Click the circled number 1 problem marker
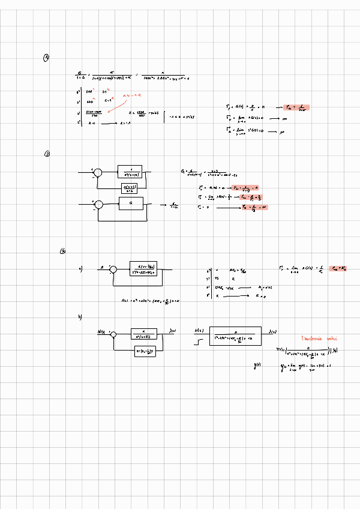47,58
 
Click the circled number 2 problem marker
47,154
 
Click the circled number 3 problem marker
62,251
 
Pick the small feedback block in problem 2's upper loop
131,188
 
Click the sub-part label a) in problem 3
80,268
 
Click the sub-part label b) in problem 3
80,316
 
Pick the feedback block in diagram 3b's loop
143,351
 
